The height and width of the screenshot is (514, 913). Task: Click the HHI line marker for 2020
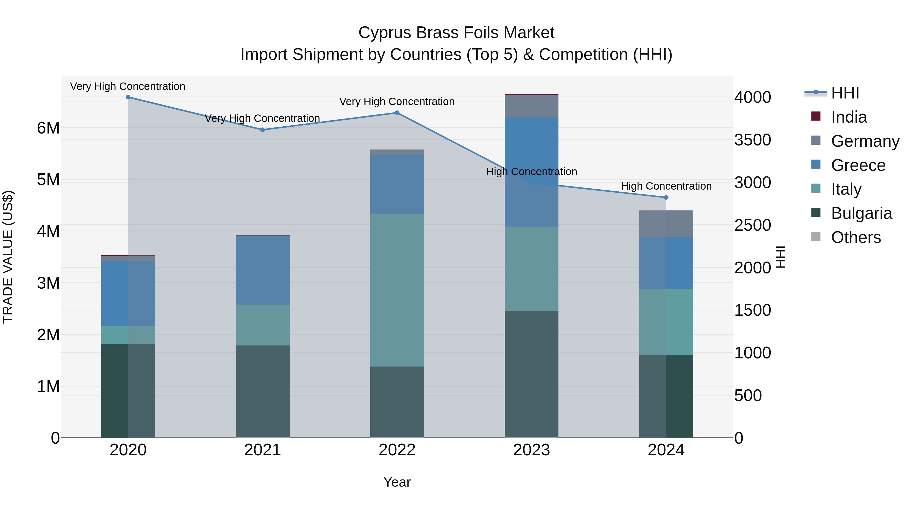tap(128, 97)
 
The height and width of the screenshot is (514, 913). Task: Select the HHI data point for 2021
tap(263, 130)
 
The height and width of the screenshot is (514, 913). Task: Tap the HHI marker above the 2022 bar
tap(397, 113)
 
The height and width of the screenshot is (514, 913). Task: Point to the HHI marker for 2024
tap(666, 197)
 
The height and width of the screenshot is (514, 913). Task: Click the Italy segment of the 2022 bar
tap(397, 290)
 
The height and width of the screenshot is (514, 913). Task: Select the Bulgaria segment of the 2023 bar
tap(531, 374)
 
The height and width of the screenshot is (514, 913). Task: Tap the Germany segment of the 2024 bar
tap(666, 224)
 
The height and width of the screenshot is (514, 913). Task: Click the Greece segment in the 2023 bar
tap(531, 172)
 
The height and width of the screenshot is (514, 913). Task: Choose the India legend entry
tap(849, 117)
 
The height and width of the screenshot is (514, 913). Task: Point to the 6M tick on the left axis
tap(48, 128)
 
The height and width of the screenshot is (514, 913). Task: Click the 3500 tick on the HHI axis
tap(752, 140)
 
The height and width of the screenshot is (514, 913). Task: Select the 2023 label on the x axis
tap(531, 450)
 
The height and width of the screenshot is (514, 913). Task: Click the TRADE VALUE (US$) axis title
tap(8, 257)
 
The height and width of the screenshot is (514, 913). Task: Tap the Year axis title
tap(397, 482)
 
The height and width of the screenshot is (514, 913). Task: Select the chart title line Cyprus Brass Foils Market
tap(456, 33)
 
